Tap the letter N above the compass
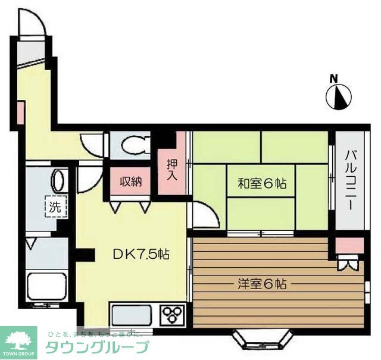point(334,79)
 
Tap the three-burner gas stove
point(173,314)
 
